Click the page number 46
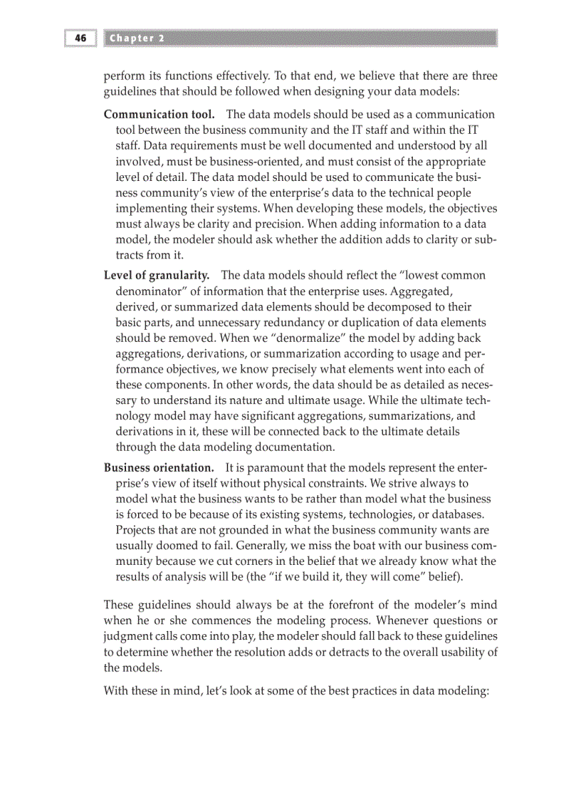point(80,38)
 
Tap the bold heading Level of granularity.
point(157,275)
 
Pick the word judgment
point(128,636)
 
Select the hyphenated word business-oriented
point(260,161)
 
